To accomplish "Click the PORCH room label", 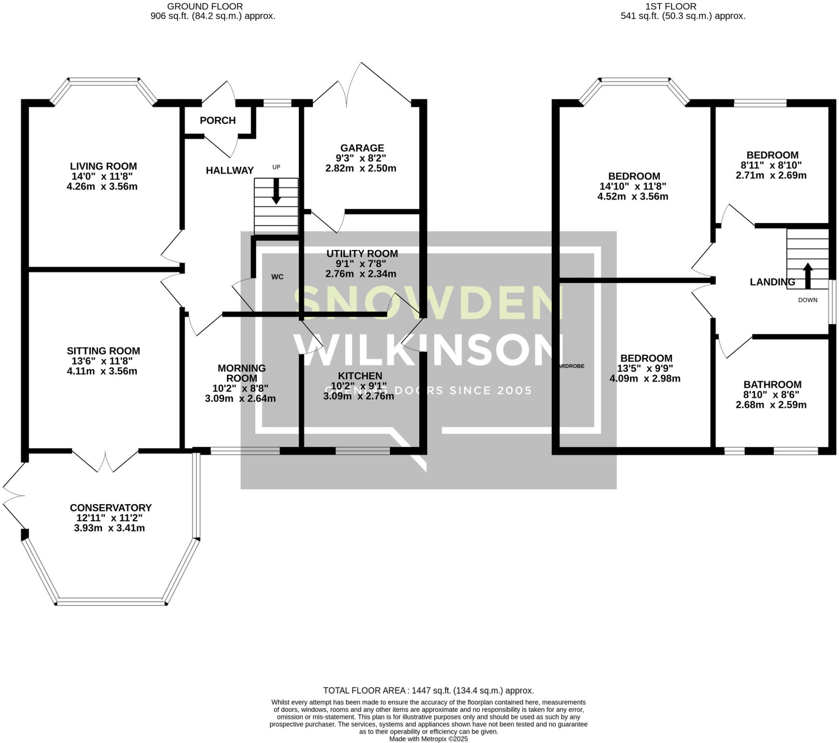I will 218,121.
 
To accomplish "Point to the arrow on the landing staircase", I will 807,276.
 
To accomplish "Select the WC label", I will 277,277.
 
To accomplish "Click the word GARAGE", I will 362,148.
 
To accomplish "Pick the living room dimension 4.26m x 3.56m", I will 102,187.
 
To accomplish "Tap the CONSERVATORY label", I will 111,508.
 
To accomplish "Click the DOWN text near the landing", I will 807,300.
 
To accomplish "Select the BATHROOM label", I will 772,385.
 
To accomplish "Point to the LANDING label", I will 772,282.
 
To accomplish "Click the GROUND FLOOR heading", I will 205,7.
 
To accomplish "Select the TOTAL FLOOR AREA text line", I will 428,691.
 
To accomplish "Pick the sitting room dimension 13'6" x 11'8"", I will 103,361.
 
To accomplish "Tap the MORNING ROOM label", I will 241,373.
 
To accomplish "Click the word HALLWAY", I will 229,170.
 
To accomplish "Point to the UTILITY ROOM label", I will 362,254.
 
